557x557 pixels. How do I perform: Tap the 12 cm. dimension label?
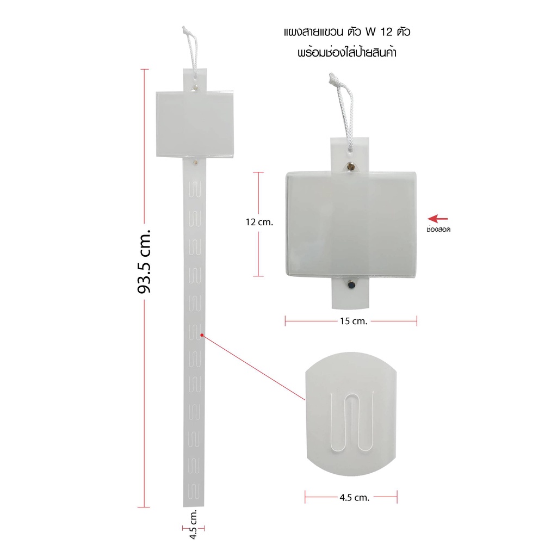(x=259, y=222)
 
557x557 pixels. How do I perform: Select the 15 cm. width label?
(x=354, y=321)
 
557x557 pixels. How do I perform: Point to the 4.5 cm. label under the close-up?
(x=354, y=497)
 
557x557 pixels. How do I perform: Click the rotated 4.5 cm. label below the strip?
(x=193, y=524)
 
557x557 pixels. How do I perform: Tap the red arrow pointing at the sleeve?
(x=437, y=219)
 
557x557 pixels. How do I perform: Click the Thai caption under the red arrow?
(x=438, y=230)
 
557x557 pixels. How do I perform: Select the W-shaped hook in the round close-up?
(x=352, y=421)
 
